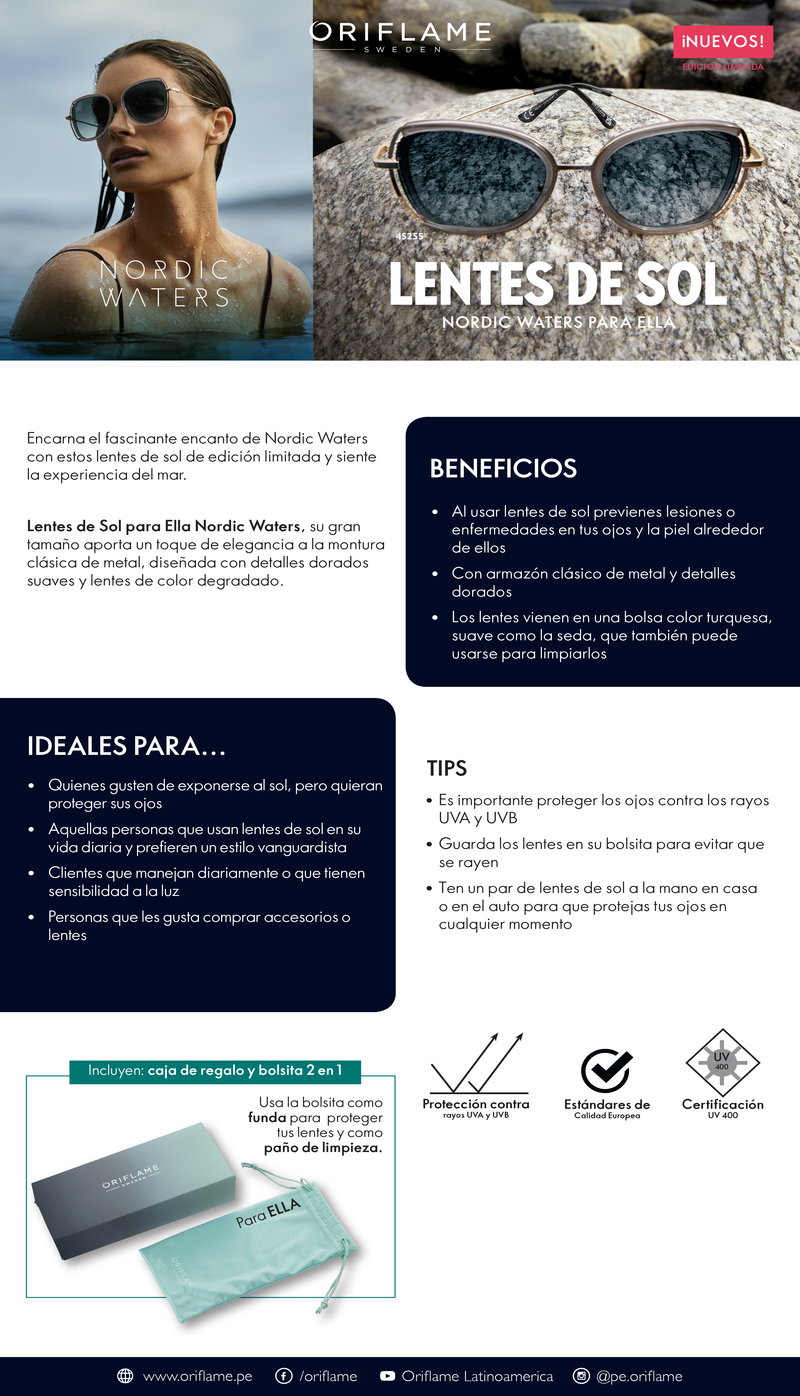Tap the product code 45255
[x=409, y=236]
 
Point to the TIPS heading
[x=447, y=768]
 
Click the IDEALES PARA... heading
[x=126, y=746]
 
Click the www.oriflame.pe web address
[x=197, y=1376]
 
